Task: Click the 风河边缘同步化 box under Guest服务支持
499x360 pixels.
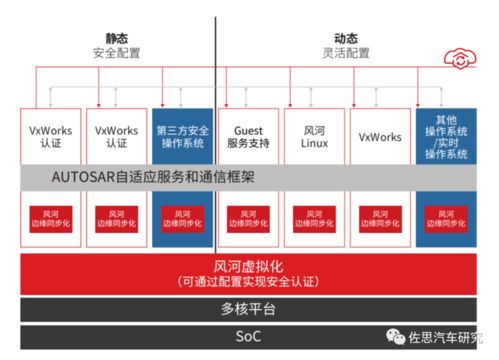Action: pyautogui.click(x=248, y=219)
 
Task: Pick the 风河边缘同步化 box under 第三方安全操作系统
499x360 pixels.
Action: pyautogui.click(x=183, y=219)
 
